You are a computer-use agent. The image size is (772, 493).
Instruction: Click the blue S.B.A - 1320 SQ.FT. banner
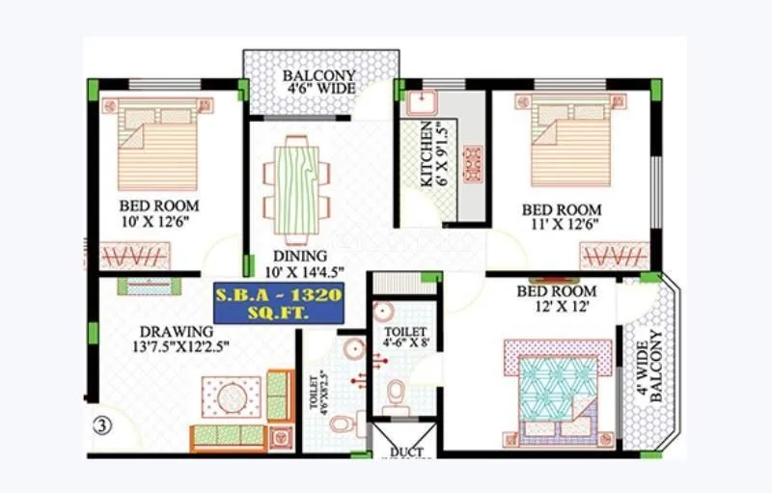(278, 303)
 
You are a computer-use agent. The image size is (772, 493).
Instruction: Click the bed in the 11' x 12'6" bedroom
(571, 146)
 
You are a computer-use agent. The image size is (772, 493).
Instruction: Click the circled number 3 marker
(100, 422)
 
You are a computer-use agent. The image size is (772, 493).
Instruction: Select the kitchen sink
(423, 102)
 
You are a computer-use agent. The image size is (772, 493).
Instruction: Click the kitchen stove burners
(473, 165)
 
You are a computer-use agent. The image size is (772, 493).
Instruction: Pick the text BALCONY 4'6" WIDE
(319, 82)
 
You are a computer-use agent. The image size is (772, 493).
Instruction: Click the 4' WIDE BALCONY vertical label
(655, 367)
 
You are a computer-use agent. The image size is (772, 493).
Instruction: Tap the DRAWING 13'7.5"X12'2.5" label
(175, 340)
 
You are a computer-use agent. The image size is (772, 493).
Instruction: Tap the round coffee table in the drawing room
(232, 397)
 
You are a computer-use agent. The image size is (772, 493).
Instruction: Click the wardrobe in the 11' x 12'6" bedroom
(613, 256)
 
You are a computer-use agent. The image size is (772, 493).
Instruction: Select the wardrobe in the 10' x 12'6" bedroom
(134, 256)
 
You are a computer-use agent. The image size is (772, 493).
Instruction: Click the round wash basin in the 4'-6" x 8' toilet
(384, 311)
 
